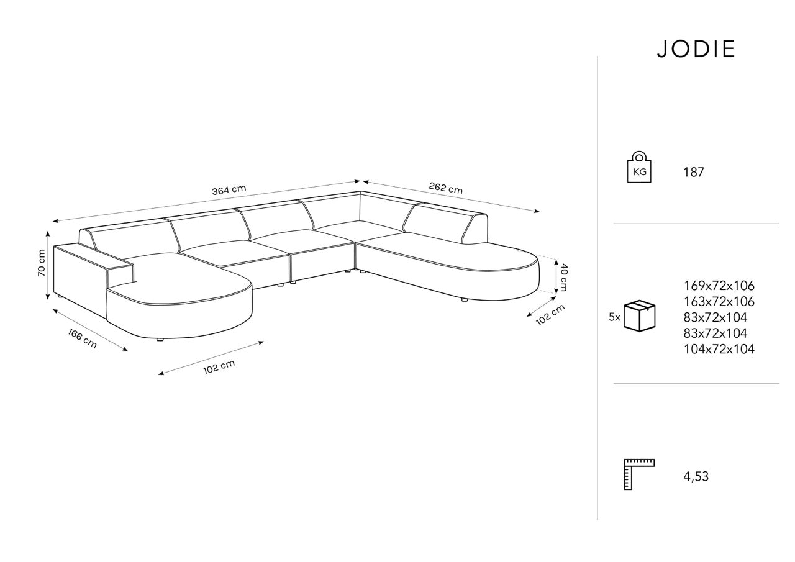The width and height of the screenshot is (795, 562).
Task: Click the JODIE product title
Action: coord(696,49)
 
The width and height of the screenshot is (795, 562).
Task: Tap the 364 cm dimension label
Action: coord(229,190)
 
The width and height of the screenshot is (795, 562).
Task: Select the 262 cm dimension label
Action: coord(446,188)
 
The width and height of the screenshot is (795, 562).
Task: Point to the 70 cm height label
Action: coord(42,263)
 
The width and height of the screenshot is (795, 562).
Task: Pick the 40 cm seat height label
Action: coord(563,277)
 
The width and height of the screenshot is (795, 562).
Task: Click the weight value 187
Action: coord(694,172)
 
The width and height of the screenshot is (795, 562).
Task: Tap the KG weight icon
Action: coord(639,167)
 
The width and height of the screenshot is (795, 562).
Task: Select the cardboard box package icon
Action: coord(640,316)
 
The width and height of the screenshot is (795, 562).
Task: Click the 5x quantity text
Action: coord(614,317)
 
